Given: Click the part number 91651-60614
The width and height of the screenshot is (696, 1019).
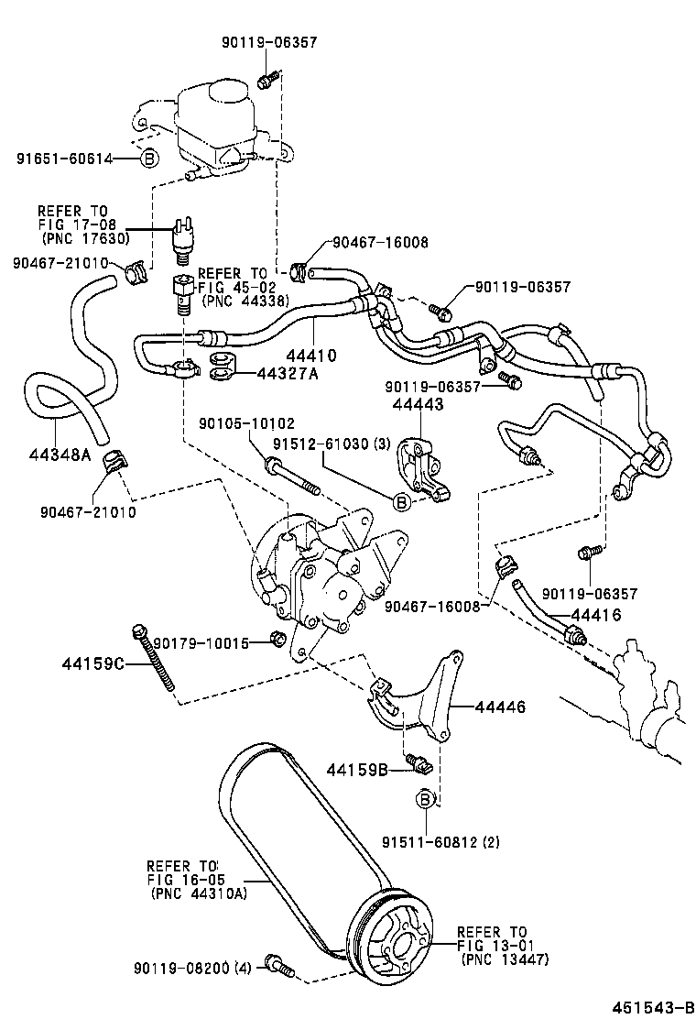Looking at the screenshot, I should pyautogui.click(x=63, y=159).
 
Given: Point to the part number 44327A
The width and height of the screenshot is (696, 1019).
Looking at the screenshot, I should pyautogui.click(x=286, y=373).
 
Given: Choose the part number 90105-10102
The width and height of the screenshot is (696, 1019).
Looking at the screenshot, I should pyautogui.click(x=247, y=423).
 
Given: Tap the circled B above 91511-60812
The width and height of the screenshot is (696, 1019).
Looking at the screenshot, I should pyautogui.click(x=426, y=800).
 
